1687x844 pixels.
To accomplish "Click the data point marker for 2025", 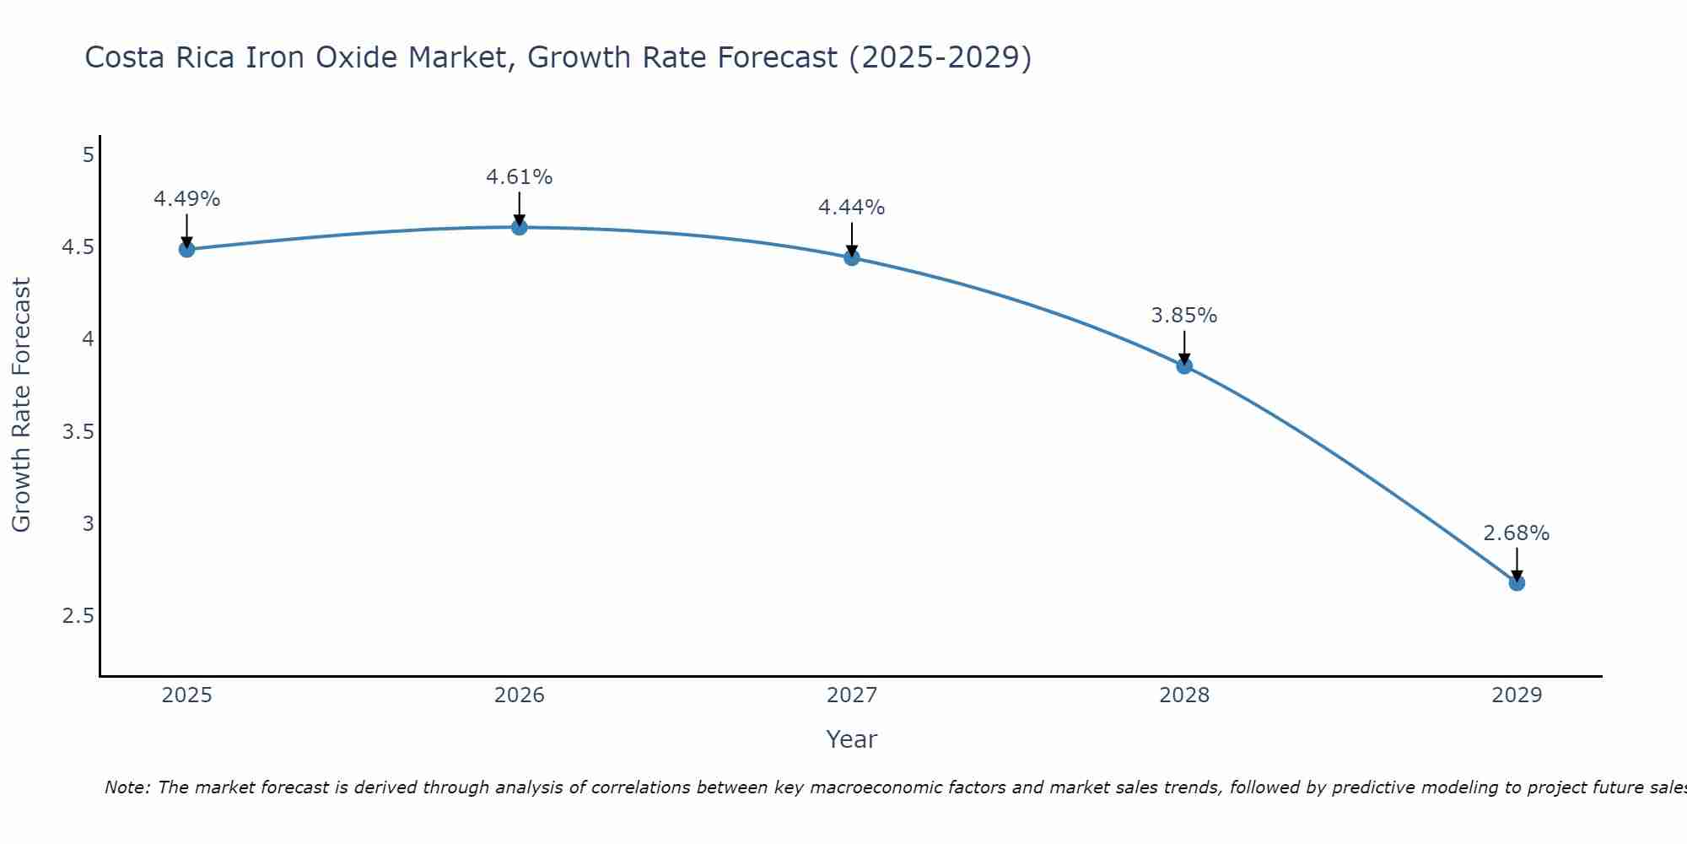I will pyautogui.click(x=187, y=249).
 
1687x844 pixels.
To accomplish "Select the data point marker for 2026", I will pyautogui.click(x=520, y=227).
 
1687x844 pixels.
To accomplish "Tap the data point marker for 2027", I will pyautogui.click(x=852, y=258).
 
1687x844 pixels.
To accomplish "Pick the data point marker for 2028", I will pyautogui.click(x=1184, y=366).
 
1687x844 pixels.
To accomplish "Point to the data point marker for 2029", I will pyautogui.click(x=1517, y=583).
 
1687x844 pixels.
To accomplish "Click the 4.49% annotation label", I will pyautogui.click(x=187, y=199).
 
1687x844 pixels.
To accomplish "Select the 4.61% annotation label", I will pyautogui.click(x=520, y=177).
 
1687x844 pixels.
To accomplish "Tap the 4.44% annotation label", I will pyautogui.click(x=852, y=208).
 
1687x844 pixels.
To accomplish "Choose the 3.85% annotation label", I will pyautogui.click(x=1184, y=316).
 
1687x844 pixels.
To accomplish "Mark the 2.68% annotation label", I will pyautogui.click(x=1517, y=533).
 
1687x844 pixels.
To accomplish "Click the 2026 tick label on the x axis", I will pyautogui.click(x=520, y=695).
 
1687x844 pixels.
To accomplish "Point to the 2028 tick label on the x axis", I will pyautogui.click(x=1184, y=695).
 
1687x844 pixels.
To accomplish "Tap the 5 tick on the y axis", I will pyautogui.click(x=88, y=155).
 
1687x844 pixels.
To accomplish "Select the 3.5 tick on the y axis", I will pyautogui.click(x=78, y=432).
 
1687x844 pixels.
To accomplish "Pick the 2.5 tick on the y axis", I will pyautogui.click(x=78, y=616).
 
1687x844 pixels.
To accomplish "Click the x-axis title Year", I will pyautogui.click(x=852, y=739).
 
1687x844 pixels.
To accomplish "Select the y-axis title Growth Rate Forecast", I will pyautogui.click(x=21, y=404).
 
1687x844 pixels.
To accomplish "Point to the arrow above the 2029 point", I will pyautogui.click(x=1517, y=563).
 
